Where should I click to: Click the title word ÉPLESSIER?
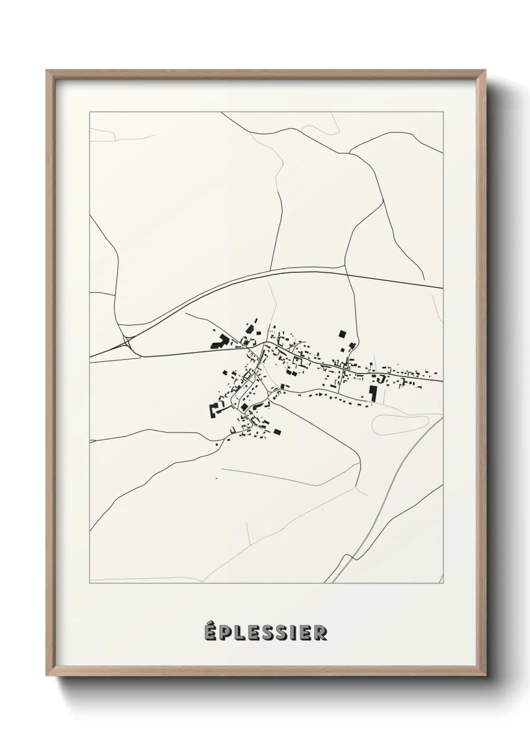pos(266,632)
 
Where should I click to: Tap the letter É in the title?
pos(210,632)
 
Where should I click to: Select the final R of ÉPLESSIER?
pos(321,632)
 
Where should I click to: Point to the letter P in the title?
pos(225,632)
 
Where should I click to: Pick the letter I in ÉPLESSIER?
pos(294,632)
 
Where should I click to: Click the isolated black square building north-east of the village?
pos(342,334)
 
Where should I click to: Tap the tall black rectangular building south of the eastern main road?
pos(372,392)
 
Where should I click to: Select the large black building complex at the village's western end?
pos(219,342)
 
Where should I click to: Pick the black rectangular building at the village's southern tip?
pos(277,431)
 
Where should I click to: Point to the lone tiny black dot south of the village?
pos(216,479)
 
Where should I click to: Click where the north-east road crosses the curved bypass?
pos(348,273)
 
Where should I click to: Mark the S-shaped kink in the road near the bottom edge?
pos(345,559)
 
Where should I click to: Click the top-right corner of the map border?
pos(443,112)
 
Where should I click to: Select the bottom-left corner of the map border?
pos(89,583)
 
